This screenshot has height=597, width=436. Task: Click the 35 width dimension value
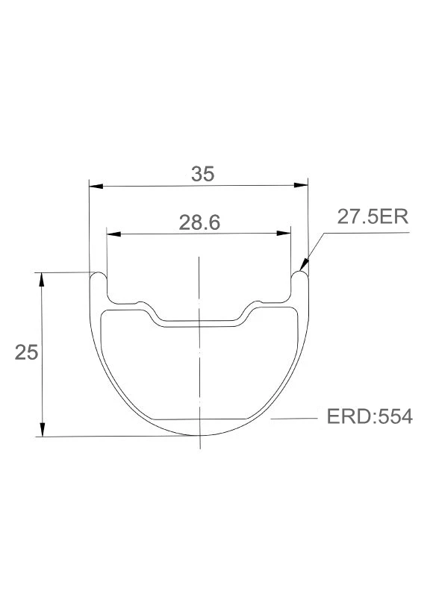tap(203, 174)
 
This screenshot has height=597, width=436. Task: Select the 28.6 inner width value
tap(199, 222)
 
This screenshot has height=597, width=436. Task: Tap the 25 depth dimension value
tap(27, 352)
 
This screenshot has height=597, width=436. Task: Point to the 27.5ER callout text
tap(373, 217)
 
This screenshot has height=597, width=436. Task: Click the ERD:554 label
tap(370, 416)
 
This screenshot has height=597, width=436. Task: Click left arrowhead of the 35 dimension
tap(96, 186)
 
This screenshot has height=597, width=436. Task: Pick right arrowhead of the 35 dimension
tap(301, 185)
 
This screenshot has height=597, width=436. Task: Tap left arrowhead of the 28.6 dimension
tap(114, 234)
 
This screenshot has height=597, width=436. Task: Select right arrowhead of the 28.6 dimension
tap(284, 233)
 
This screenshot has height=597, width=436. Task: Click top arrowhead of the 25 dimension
tap(42, 279)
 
